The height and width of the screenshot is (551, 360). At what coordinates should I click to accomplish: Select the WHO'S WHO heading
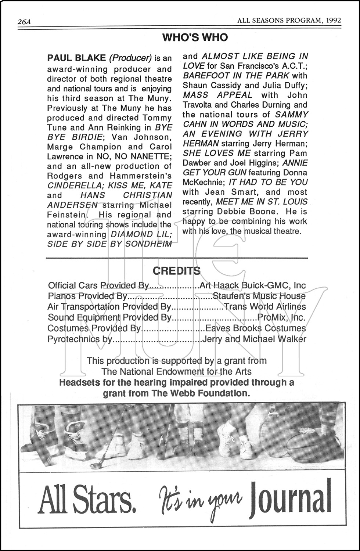click(195, 37)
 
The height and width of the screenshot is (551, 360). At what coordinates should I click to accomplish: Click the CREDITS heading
click(177, 271)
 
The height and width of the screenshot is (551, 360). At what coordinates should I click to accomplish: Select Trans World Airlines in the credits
click(265, 307)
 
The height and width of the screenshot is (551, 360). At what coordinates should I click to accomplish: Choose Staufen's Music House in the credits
click(259, 296)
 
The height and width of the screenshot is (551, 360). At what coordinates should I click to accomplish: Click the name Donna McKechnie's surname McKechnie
click(201, 183)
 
